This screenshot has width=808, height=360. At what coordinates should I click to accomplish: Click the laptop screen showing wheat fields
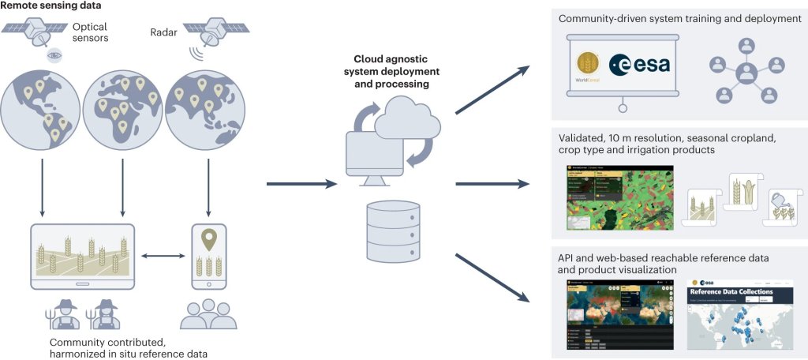pos(82,252)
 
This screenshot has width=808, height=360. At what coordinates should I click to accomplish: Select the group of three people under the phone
pos(208,312)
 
